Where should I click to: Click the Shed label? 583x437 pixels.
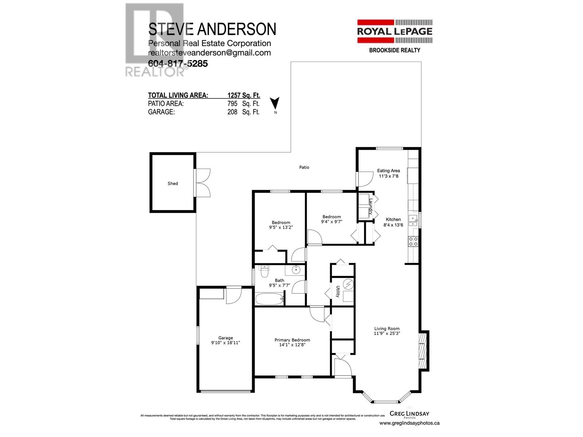pyautogui.click(x=173, y=184)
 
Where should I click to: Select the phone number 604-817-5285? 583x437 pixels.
pyautogui.click(x=178, y=64)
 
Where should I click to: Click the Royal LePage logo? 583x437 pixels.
pyautogui.click(x=394, y=31)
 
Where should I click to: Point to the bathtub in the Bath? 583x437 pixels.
pyautogui.click(x=270, y=299)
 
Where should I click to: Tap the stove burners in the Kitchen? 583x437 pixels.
pyautogui.click(x=413, y=241)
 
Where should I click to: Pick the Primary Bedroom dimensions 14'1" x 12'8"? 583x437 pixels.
pyautogui.click(x=292, y=345)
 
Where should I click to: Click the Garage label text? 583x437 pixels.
pyautogui.click(x=226, y=338)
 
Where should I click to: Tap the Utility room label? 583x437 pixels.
pyautogui.click(x=338, y=291)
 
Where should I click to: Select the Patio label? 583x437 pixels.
pyautogui.click(x=304, y=167)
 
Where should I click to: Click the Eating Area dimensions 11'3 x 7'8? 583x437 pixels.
pyautogui.click(x=388, y=176)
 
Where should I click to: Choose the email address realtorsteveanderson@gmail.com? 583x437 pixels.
pyautogui.click(x=210, y=53)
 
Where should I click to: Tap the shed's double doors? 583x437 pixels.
pyautogui.click(x=202, y=182)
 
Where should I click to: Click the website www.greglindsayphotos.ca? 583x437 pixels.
pyautogui.click(x=409, y=423)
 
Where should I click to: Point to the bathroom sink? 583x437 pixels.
pyautogui.click(x=296, y=270)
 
